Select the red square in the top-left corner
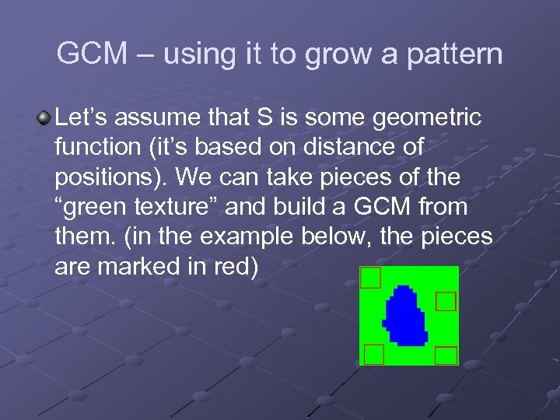click(371, 278)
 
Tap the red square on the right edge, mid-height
click(445, 301)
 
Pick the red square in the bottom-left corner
click(374, 354)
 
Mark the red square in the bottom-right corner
click(446, 355)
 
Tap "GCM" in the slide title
click(89, 54)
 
